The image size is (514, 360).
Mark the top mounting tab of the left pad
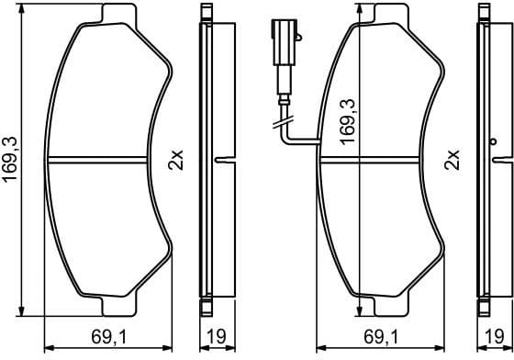coord(114,14)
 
